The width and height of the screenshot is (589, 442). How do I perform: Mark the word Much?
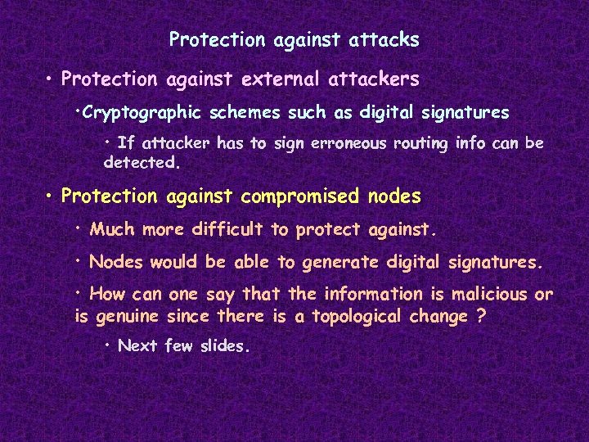tap(113, 230)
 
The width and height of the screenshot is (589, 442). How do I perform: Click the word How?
tap(107, 295)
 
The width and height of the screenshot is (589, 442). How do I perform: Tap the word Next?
tap(137, 345)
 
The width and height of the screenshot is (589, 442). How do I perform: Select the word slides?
tap(221, 345)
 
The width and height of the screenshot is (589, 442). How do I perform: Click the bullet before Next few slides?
tap(108, 345)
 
